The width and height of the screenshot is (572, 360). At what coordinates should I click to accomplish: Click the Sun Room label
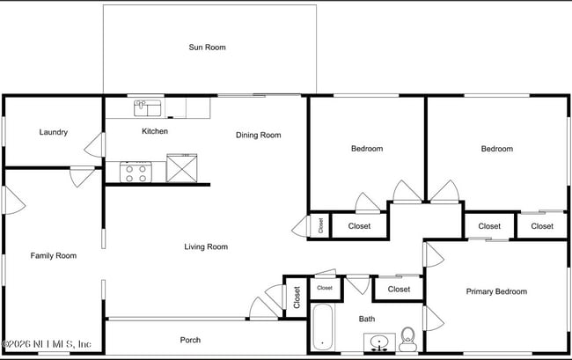click(x=207, y=48)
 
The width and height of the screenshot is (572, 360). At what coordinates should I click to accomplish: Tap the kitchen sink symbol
click(x=146, y=108)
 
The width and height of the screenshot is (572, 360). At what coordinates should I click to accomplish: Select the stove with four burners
click(x=136, y=173)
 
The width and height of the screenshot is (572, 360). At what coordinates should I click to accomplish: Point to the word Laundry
click(x=54, y=133)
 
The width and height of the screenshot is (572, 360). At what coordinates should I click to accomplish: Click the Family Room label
click(x=54, y=256)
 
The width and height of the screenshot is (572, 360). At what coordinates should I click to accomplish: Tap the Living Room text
click(x=206, y=247)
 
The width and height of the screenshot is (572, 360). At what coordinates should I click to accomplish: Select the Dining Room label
click(x=258, y=136)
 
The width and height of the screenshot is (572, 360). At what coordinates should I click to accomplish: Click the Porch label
click(x=190, y=340)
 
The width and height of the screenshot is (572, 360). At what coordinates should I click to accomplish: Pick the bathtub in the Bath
click(x=321, y=327)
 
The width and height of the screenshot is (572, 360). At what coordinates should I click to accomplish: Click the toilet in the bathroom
click(x=407, y=336)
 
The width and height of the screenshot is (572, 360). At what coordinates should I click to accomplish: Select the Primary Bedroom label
click(x=496, y=292)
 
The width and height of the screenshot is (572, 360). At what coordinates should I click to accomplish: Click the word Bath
click(x=367, y=319)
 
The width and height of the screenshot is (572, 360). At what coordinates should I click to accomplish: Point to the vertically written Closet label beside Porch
click(x=297, y=297)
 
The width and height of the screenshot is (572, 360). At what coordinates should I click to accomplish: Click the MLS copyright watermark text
click(x=48, y=344)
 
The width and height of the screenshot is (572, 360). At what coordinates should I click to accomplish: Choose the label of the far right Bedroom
click(x=496, y=149)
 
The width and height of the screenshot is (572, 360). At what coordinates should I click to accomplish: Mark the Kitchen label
click(x=155, y=132)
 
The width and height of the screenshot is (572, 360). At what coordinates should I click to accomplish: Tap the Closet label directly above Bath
click(x=399, y=289)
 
